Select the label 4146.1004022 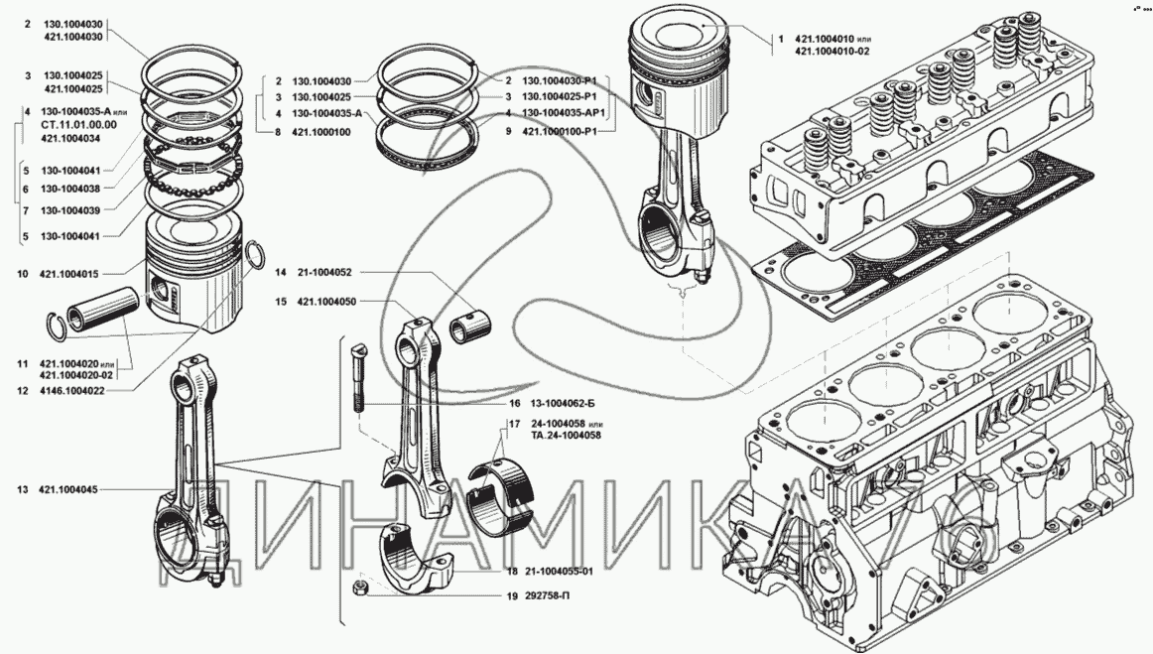pyautogui.click(x=72, y=390)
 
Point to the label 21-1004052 pyautogui.click(x=326, y=271)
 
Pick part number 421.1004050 pyautogui.click(x=326, y=301)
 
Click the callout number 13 pyautogui.click(x=22, y=489)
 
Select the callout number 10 pyautogui.click(x=22, y=273)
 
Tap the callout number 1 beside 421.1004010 pyautogui.click(x=781, y=39)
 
